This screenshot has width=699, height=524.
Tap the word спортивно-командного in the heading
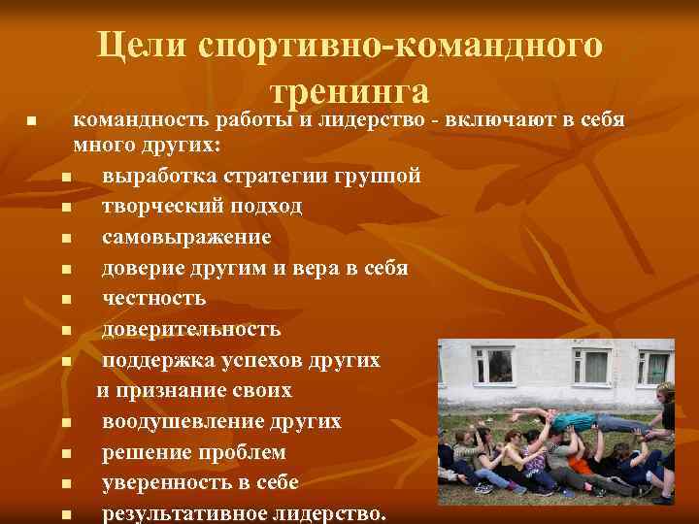pyautogui.click(x=401, y=45)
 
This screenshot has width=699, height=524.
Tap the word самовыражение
pyautogui.click(x=186, y=237)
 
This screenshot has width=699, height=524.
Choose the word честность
pyautogui.click(x=153, y=299)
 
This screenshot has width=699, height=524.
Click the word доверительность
pyautogui.click(x=191, y=329)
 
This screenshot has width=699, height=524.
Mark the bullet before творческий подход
pyautogui.click(x=64, y=208)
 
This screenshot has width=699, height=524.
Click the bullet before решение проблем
pyautogui.click(x=64, y=454)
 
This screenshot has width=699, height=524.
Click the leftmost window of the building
pyautogui.click(x=494, y=365)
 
